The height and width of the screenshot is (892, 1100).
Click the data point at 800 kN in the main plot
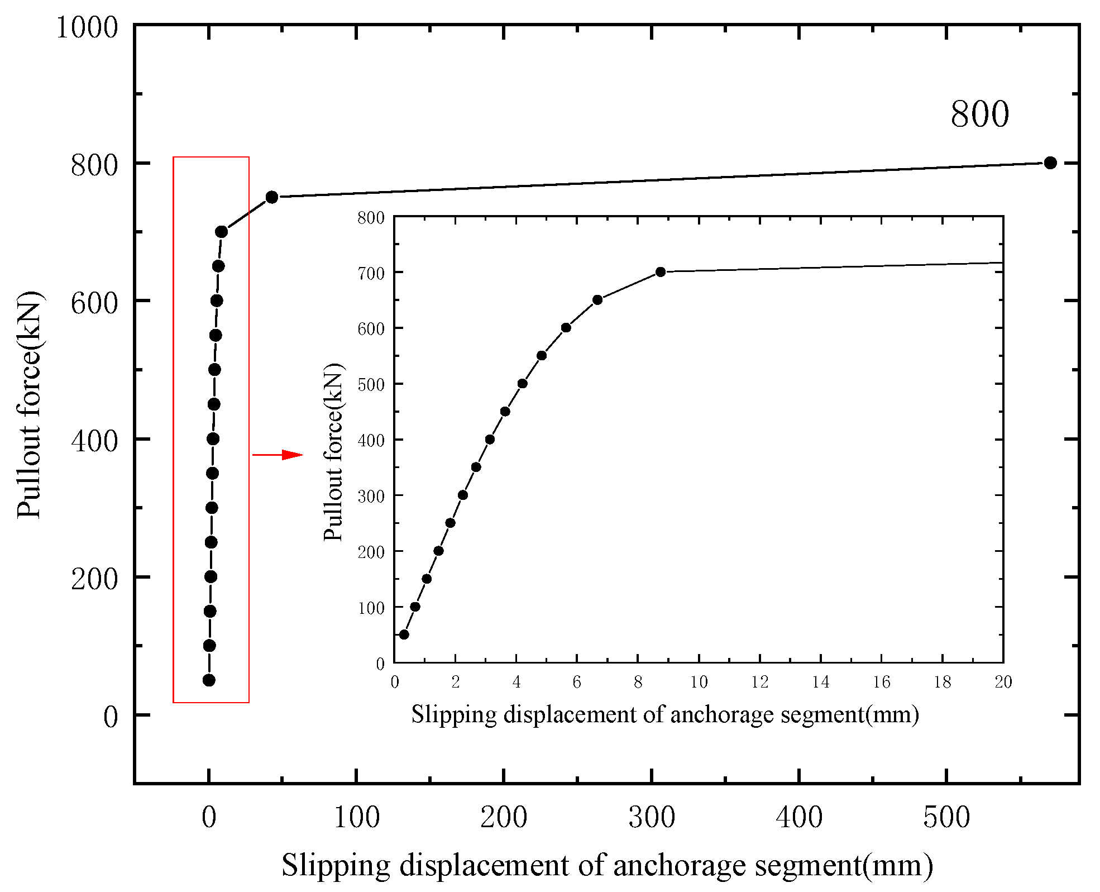(1050, 163)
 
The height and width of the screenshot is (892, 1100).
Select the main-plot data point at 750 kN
(272, 197)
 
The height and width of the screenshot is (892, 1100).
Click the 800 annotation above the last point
(979, 114)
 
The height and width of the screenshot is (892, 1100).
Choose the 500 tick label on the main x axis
(946, 817)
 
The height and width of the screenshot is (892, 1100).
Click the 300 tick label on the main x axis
(652, 817)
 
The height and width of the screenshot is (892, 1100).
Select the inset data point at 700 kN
(661, 272)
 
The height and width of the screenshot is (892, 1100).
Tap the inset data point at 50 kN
(404, 635)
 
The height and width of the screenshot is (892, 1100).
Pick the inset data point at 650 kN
(597, 300)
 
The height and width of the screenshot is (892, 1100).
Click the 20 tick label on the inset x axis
(1003, 682)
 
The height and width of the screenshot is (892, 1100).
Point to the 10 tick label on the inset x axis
(699, 682)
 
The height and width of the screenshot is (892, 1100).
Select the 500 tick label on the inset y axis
(371, 384)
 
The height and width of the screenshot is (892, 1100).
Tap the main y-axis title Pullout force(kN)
(29, 404)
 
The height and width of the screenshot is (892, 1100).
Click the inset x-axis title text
(665, 714)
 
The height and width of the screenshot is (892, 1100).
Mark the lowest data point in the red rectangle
(209, 680)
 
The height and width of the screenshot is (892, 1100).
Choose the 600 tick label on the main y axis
(94, 303)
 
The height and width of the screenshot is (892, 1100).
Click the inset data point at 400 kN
(490, 440)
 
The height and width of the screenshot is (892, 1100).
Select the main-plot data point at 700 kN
(221, 231)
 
